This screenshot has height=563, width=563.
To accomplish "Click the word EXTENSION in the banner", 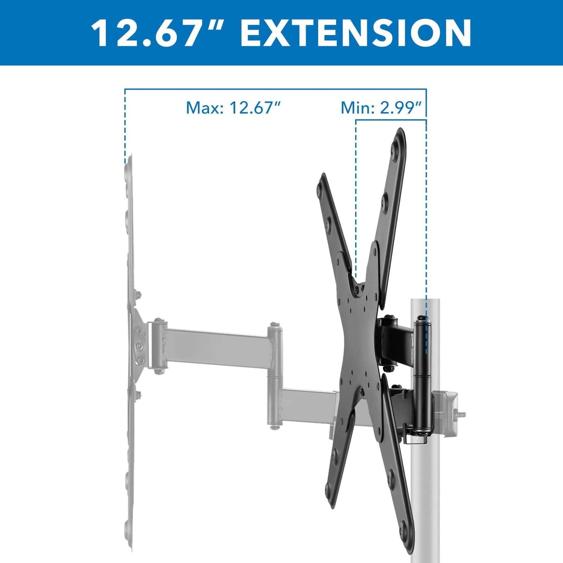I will [356, 33].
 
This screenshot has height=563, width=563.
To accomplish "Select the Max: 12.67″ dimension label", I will [233, 108].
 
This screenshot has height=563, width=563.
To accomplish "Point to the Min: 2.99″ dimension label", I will [382, 108].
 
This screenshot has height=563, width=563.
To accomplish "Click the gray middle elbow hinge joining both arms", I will [275, 375].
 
